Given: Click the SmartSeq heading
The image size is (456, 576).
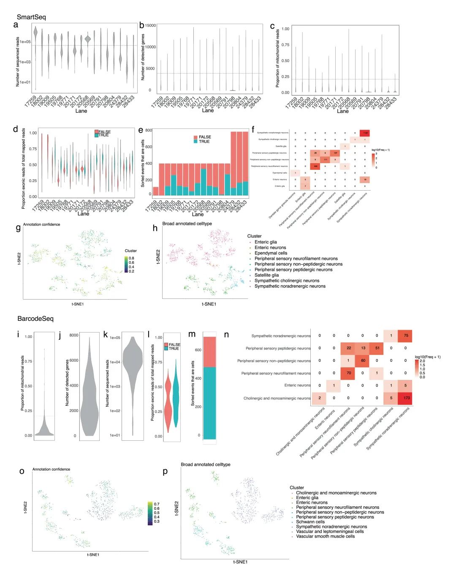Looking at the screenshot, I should (31, 17).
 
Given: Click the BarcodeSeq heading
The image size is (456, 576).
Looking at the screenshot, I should (35, 319).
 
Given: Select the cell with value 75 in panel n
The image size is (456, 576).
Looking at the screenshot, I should (406, 336).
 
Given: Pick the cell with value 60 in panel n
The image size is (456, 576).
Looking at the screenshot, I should (363, 360).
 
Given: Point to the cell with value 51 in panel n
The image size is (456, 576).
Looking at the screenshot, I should (377, 348).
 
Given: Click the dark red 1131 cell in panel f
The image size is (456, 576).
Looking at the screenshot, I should (365, 133).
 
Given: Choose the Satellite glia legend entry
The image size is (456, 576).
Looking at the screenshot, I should (266, 275).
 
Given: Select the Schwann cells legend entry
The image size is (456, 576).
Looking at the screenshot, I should (310, 522).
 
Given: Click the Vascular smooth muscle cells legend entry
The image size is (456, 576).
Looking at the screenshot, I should (325, 536).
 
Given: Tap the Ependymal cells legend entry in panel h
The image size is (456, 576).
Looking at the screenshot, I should (271, 253).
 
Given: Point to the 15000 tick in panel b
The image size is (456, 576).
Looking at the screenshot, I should (150, 25).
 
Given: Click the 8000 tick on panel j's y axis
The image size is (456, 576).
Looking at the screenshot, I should (73, 335).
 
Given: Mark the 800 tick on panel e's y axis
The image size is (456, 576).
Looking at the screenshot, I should (149, 130).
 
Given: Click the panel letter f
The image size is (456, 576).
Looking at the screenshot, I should (253, 130).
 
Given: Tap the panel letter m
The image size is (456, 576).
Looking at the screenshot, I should (192, 334).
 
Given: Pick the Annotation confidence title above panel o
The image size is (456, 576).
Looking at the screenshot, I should (51, 469).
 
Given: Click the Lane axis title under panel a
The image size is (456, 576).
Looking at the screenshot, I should (81, 111).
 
